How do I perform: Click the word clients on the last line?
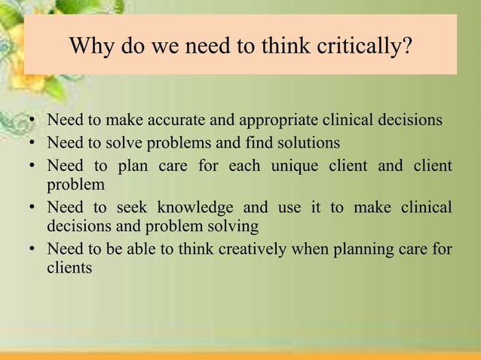pyautogui.click(x=69, y=267)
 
